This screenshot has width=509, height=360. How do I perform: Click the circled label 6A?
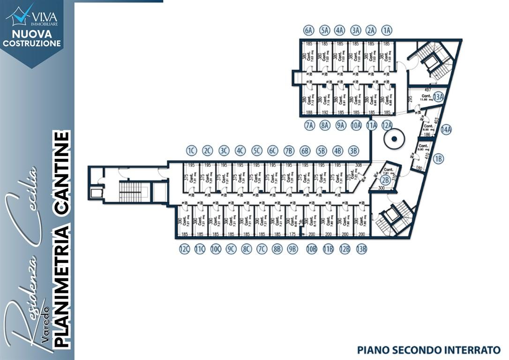pos(308,30)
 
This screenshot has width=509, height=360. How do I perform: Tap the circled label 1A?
pos(386,30)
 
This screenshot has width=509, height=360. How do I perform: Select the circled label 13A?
pos(438,97)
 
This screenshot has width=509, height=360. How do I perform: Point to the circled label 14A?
pos(446,129)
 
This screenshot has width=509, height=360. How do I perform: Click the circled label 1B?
pos(438,158)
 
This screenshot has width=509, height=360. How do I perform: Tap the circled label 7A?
pos(309,125)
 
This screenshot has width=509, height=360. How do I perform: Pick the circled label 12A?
pos(387,125)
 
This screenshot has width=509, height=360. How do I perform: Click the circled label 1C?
pos(191,150)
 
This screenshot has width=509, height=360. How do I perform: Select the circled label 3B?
pos(353,150)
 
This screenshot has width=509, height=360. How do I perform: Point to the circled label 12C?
pos(184,249)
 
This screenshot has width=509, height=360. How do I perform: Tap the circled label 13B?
pos(361,249)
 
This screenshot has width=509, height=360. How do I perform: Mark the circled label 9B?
pos(292,249)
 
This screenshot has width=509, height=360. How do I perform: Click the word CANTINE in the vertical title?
pos(62,174)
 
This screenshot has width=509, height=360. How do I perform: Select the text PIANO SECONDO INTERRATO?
pos(428,350)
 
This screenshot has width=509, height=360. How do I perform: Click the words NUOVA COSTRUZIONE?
pos(32,38)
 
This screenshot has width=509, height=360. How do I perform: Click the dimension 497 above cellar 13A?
pos(427,89)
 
